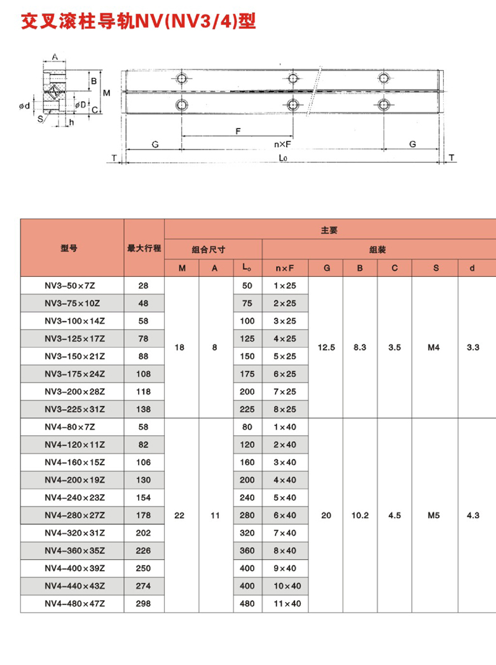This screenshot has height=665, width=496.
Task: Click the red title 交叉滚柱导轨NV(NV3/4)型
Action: pyautogui.click(x=138, y=22)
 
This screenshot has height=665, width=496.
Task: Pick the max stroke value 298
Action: pyautogui.click(x=144, y=603)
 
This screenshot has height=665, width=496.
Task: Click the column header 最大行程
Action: pyautogui.click(x=144, y=248)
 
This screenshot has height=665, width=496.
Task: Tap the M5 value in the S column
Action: pyautogui.click(x=434, y=515)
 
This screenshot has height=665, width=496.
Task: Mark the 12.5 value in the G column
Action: pyautogui.click(x=326, y=347)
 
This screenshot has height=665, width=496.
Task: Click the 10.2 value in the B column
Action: pyautogui.click(x=360, y=515)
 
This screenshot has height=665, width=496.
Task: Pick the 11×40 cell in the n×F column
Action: pyautogui.click(x=286, y=603)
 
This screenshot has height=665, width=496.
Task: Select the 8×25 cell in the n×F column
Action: pyautogui.click(x=285, y=409)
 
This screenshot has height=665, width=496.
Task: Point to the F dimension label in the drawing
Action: pyautogui.click(x=237, y=131)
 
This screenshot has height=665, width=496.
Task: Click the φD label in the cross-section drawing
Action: pyautogui.click(x=81, y=104)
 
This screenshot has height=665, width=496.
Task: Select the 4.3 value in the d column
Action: pyautogui.click(x=472, y=515)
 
